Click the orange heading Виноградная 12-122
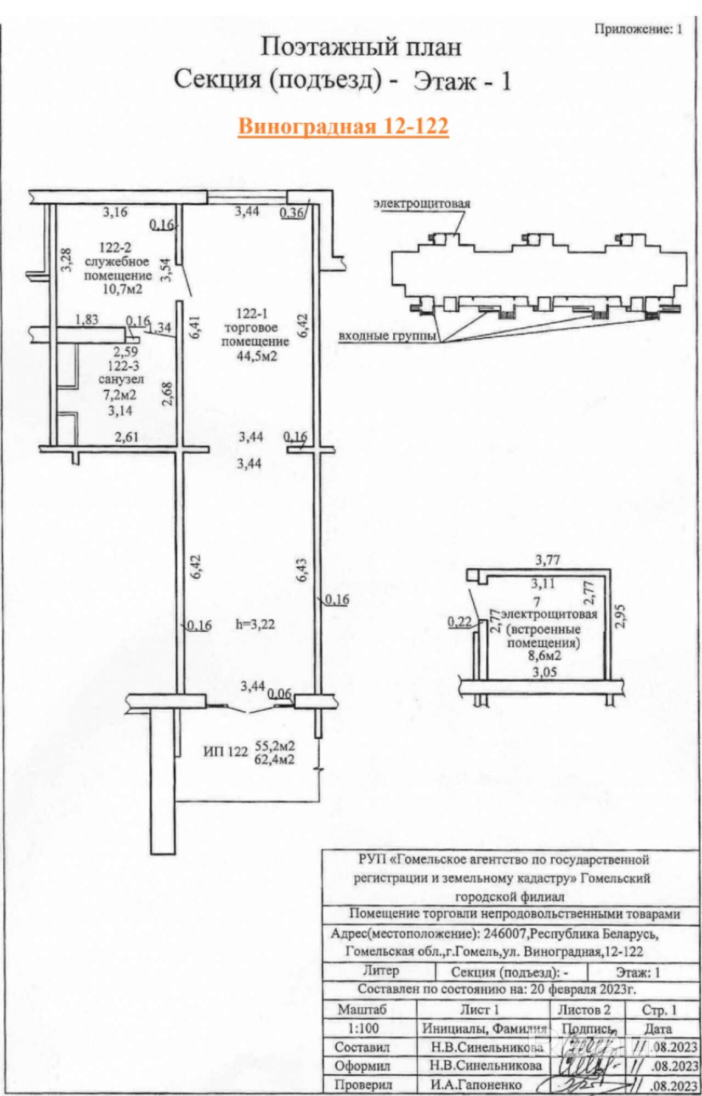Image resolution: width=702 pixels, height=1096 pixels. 343,126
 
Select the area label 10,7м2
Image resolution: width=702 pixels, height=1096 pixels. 122,288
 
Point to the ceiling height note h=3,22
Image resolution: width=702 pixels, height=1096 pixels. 255,624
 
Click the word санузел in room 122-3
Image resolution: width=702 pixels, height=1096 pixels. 121,379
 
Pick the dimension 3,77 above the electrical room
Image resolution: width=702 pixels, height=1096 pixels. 547,560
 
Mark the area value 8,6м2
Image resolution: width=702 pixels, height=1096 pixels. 544,655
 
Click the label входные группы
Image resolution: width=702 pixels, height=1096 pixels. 387,336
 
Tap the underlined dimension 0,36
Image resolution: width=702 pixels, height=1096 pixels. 292,213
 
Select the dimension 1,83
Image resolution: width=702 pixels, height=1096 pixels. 87,319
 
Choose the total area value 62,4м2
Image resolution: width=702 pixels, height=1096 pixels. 275,760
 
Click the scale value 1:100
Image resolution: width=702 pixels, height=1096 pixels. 364,1029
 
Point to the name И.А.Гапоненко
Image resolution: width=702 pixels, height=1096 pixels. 476,1084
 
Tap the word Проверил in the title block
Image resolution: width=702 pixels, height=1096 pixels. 363,1084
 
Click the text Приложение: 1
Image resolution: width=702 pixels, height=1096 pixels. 638,29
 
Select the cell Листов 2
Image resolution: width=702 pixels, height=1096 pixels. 584,1010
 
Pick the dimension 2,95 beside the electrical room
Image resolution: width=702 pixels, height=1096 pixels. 620,616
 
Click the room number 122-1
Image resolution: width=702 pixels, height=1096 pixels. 252,314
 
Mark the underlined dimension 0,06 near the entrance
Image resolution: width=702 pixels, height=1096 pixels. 280,694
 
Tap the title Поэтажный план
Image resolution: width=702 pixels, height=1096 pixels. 360,47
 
